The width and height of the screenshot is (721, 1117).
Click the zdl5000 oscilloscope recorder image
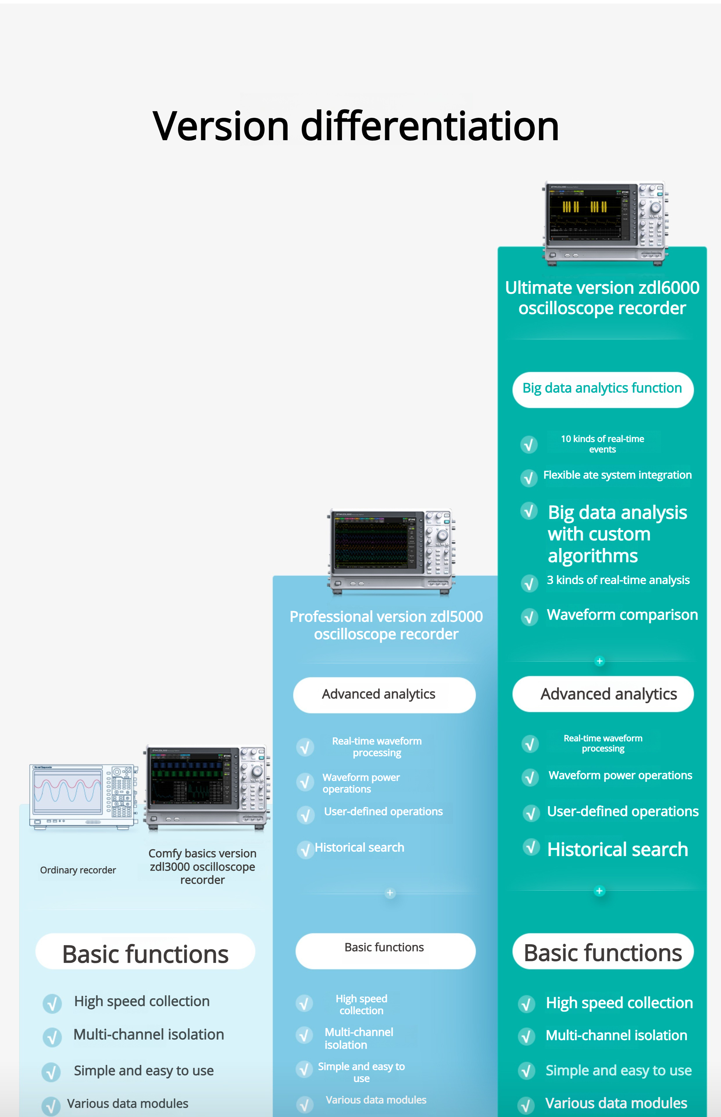tap(391, 551)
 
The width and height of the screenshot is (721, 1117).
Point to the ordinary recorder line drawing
tap(83, 796)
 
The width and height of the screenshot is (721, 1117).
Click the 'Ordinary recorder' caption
tap(78, 870)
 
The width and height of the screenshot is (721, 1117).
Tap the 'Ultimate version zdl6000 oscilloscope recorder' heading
tap(602, 298)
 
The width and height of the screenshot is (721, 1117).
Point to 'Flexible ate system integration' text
tap(617, 475)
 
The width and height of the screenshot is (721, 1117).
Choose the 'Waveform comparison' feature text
tap(622, 615)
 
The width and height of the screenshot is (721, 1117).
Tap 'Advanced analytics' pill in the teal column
tap(603, 694)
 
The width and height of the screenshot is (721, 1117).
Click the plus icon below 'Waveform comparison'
tap(599, 661)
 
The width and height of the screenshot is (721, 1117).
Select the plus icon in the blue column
tap(390, 893)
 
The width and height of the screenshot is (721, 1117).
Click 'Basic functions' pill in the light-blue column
tap(145, 954)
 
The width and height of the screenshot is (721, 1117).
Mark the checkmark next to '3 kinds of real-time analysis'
tap(529, 584)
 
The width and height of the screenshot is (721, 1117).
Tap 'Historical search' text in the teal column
tap(618, 849)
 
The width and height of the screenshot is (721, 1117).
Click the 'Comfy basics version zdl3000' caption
tap(202, 867)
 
